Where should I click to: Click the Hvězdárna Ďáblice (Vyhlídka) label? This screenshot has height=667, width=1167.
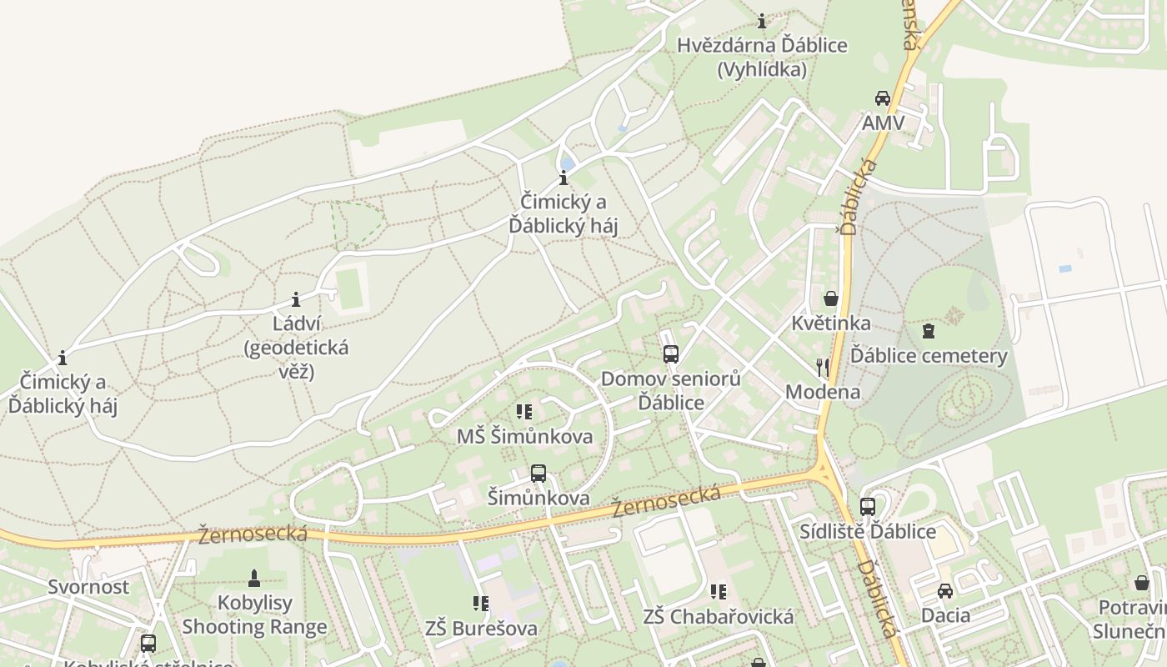(762, 57)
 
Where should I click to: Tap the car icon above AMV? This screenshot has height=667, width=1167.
(882, 98)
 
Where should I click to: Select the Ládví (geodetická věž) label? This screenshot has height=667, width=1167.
(296, 347)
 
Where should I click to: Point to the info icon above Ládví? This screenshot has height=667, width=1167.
(295, 299)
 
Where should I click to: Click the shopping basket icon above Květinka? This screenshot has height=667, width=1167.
(830, 298)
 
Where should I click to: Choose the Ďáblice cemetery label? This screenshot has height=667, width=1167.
(929, 356)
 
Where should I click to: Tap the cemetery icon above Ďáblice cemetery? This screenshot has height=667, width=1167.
(928, 331)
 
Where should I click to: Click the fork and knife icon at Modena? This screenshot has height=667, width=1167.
(823, 367)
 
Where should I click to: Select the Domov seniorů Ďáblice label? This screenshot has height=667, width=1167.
(671, 390)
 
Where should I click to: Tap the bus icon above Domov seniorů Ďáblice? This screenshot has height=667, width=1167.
(671, 354)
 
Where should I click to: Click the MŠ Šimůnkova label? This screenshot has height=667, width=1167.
(524, 436)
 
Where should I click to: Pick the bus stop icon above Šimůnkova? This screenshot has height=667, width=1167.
(538, 474)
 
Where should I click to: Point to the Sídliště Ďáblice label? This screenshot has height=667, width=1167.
(868, 531)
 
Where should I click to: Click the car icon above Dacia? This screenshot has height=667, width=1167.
(944, 591)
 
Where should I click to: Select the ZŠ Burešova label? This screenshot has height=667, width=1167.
(481, 628)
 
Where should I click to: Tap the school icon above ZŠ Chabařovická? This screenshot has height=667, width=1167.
(718, 592)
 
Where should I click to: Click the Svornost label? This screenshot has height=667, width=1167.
(88, 586)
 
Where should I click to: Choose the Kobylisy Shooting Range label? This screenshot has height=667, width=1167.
(254, 614)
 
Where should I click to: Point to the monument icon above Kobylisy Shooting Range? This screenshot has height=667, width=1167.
(254, 577)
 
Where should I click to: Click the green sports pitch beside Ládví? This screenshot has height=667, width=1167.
(350, 288)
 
